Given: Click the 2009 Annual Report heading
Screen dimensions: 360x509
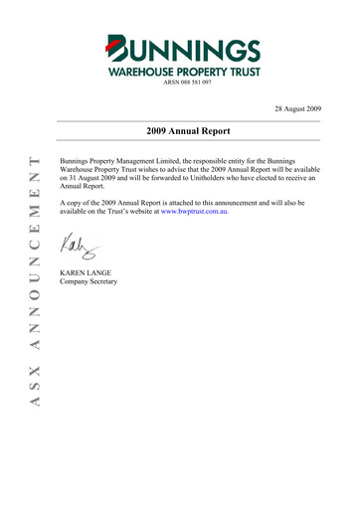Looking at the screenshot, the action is point(189,130).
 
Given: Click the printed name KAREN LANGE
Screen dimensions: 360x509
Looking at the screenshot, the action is point(87,271).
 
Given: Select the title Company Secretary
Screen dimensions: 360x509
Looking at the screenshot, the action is point(89,282).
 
